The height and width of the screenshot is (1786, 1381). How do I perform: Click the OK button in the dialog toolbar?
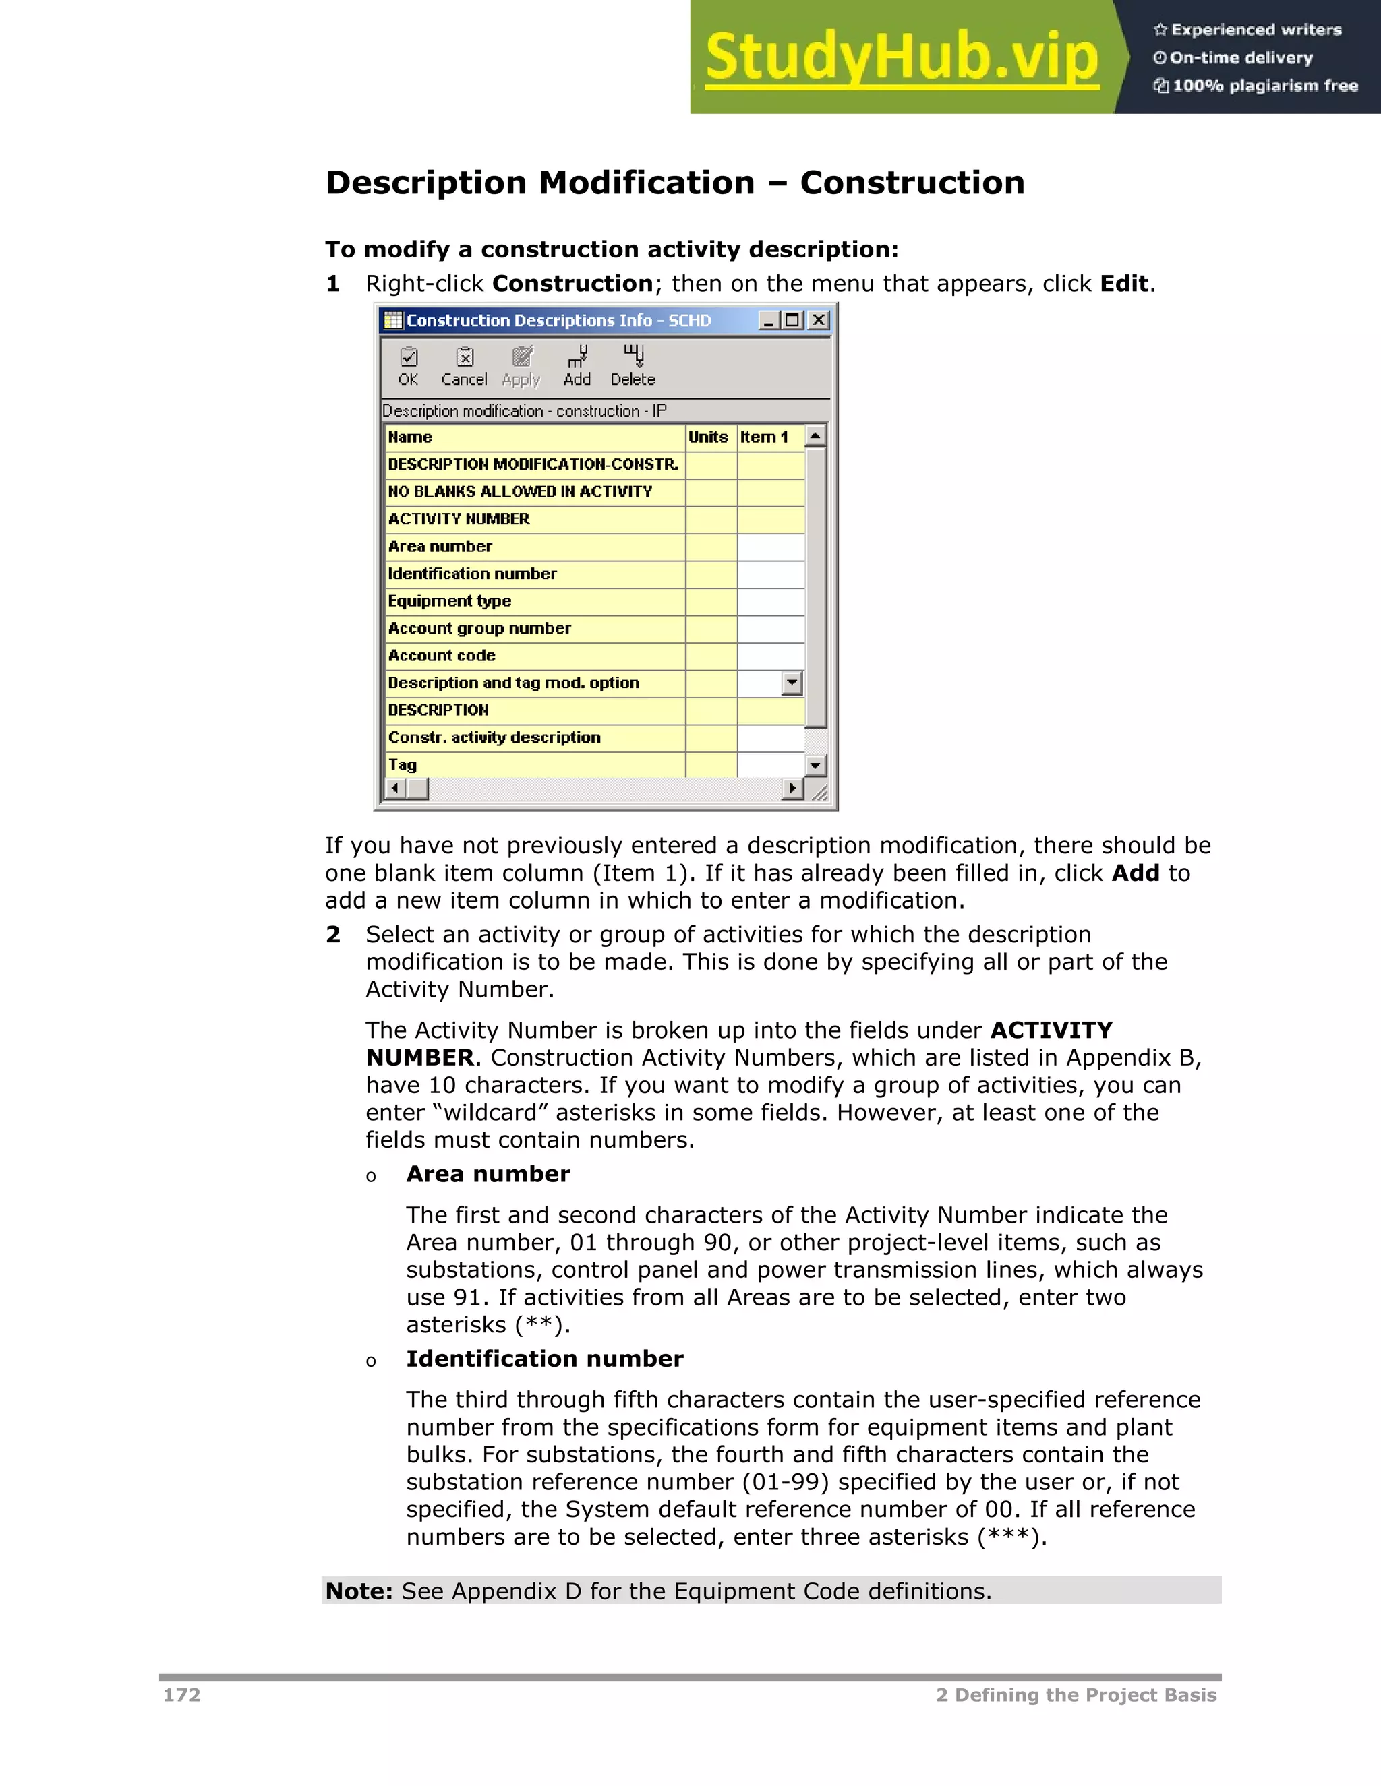pos(408,365)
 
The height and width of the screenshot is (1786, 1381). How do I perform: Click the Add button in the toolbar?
pos(577,365)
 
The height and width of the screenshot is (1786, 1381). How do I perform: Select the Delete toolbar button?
pos(633,365)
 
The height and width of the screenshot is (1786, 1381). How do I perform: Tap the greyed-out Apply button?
pos(521,365)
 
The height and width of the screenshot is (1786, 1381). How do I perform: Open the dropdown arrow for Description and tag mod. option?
pos(791,683)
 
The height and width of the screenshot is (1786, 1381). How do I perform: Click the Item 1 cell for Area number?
pos(770,547)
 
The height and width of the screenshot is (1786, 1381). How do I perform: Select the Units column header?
pos(709,437)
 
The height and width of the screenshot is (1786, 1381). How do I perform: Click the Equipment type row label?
pos(449,601)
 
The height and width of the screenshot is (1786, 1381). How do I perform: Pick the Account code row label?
pos(442,656)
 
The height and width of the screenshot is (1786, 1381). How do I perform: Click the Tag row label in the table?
pos(403,765)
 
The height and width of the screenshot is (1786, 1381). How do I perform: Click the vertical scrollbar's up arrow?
pos(815,436)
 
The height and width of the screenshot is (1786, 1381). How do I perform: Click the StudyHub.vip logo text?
pos(901,57)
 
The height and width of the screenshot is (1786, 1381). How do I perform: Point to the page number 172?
pos(181,1694)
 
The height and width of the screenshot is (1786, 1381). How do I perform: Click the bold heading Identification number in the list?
pos(544,1359)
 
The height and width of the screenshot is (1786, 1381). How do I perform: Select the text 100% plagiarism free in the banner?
pos(1264,86)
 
